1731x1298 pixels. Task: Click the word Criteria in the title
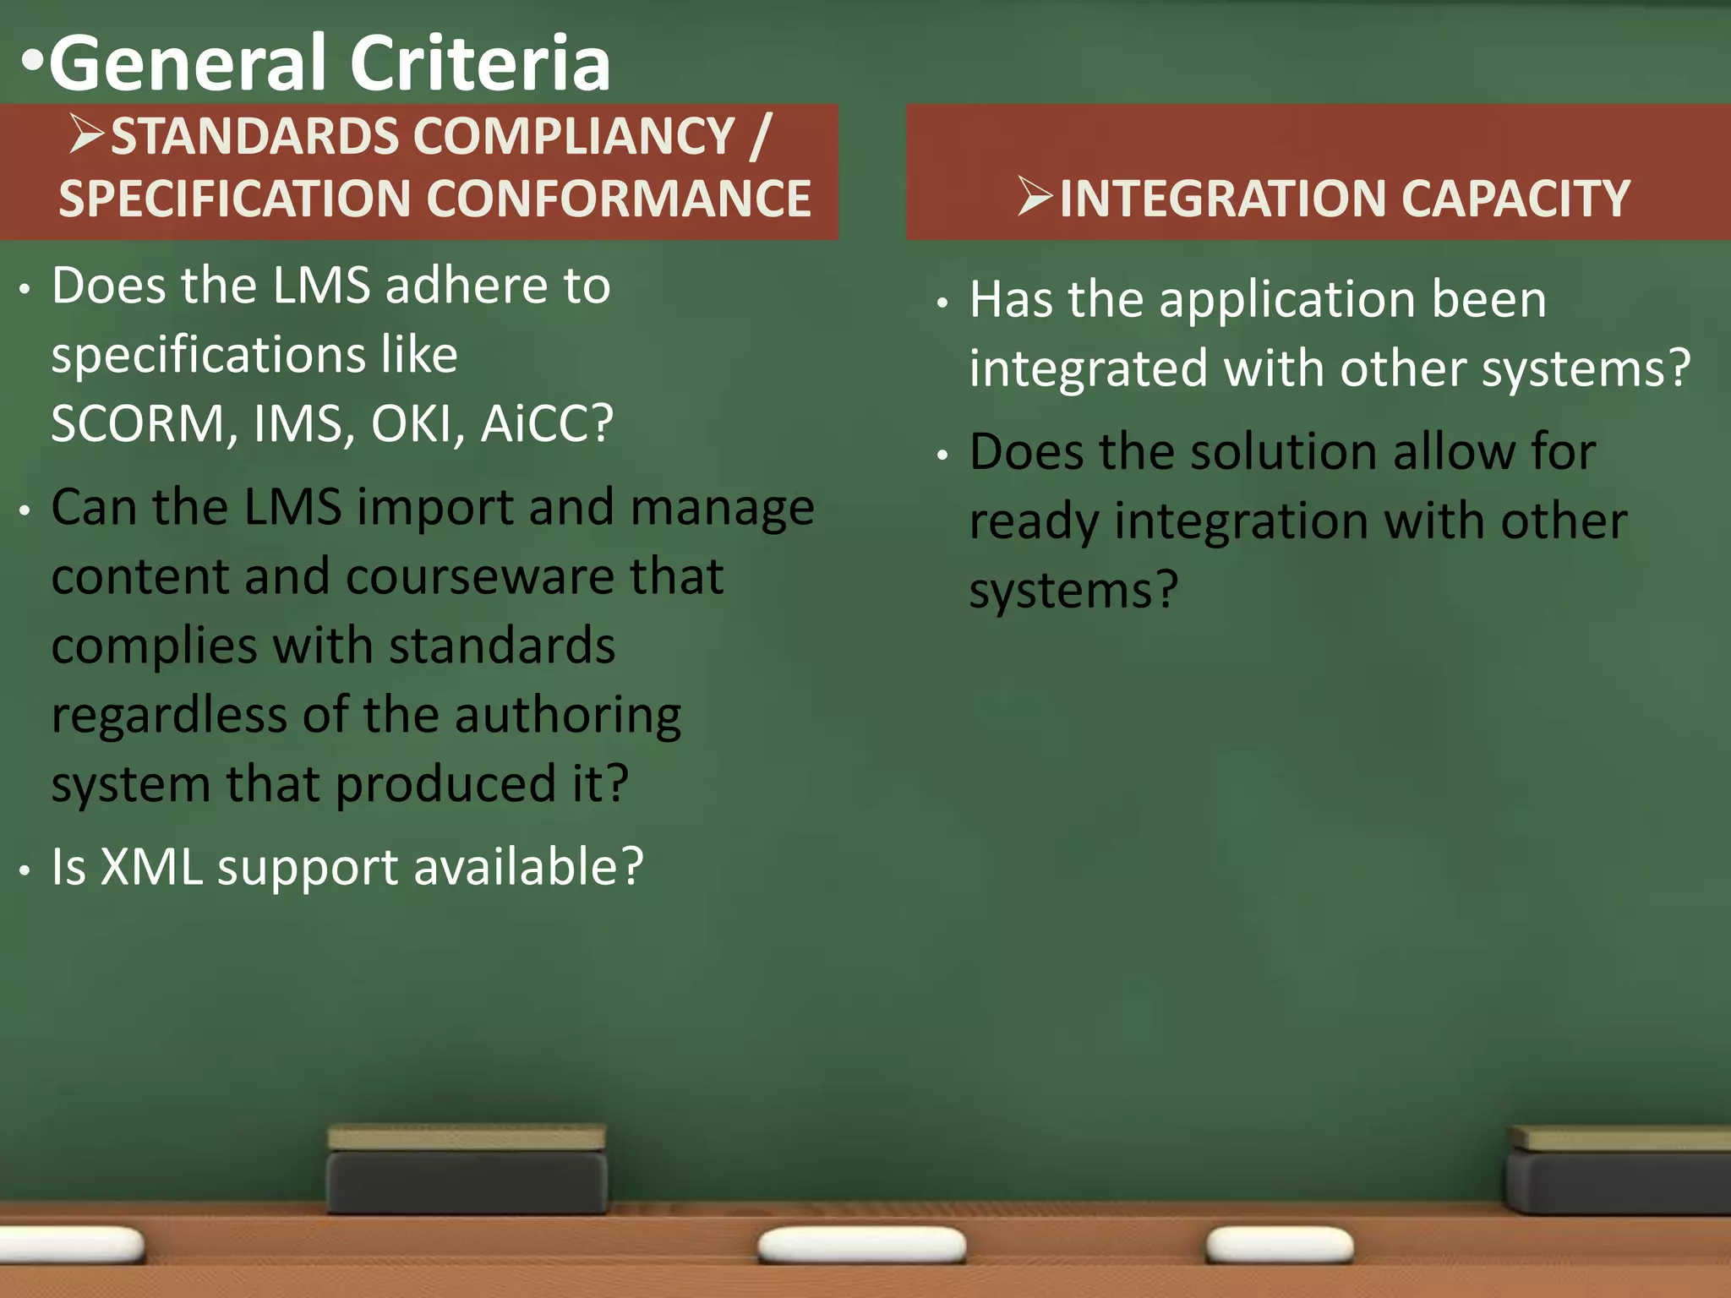479,64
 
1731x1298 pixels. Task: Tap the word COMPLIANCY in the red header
574,136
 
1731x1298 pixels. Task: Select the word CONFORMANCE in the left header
619,199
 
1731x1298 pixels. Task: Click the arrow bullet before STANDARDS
87,135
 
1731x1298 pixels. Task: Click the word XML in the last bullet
151,867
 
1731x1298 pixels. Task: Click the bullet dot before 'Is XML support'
26,871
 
